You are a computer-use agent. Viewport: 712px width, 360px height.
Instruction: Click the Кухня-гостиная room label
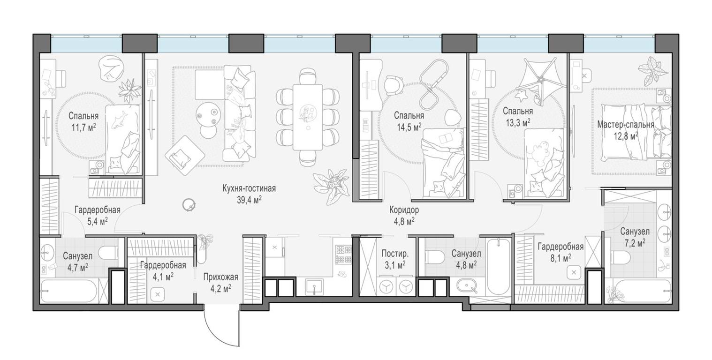pos(249,188)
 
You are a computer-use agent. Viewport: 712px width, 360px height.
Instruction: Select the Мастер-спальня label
pos(625,125)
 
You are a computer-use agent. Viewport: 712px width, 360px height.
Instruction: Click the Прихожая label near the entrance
pos(217,277)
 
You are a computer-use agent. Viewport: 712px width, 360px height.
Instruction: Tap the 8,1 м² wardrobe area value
pos(560,258)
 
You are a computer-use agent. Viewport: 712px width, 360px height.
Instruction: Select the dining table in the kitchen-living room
pos(307,117)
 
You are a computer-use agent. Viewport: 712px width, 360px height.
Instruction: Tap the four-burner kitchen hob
pos(344,254)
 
